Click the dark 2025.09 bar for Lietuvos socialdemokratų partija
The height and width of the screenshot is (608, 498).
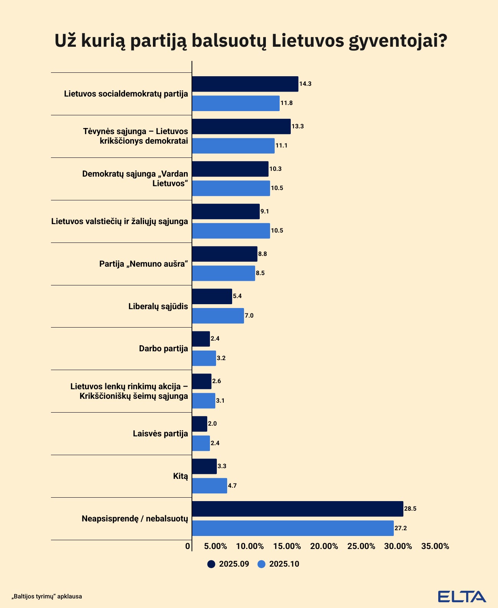[245, 84]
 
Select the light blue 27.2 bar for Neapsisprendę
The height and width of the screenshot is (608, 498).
[293, 528]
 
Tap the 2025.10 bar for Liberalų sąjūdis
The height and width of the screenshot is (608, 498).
[218, 316]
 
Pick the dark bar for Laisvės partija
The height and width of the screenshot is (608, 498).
[200, 424]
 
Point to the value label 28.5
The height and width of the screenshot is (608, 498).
[410, 509]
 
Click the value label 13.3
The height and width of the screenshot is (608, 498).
[298, 126]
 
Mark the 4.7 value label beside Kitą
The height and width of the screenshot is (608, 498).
[233, 486]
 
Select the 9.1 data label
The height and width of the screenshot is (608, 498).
[265, 211]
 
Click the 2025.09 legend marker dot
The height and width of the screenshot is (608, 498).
[211, 564]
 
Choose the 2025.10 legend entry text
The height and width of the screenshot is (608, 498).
[284, 564]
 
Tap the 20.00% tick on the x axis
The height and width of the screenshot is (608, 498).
[324, 546]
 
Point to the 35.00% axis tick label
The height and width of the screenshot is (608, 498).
[435, 546]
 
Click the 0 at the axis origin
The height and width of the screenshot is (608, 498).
[188, 546]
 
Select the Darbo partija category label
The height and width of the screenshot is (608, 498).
[164, 349]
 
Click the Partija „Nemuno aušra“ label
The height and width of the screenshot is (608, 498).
[144, 264]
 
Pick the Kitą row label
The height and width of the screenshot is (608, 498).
[180, 476]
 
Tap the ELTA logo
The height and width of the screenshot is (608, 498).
[462, 597]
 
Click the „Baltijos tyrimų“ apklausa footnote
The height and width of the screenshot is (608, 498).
[47, 597]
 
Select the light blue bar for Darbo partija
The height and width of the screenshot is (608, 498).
[204, 358]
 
